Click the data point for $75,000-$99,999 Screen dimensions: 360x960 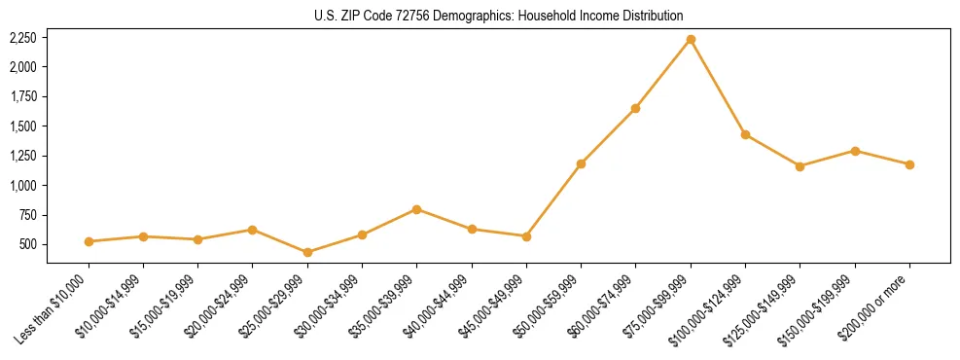(x=691, y=40)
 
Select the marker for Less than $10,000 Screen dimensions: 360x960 (x=89, y=241)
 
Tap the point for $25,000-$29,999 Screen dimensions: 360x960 (x=307, y=252)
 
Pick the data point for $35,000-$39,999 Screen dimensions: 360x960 (x=417, y=209)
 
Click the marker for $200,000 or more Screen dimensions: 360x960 (x=909, y=164)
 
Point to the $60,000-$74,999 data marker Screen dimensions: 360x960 (x=636, y=108)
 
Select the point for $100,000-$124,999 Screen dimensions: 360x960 (x=745, y=134)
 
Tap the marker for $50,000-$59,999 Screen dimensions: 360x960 (x=581, y=163)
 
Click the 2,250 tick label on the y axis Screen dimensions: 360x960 (x=22, y=38)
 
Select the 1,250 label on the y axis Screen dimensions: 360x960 (x=22, y=156)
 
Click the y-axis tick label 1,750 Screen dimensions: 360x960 (x=22, y=96)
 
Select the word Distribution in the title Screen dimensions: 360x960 (x=653, y=16)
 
